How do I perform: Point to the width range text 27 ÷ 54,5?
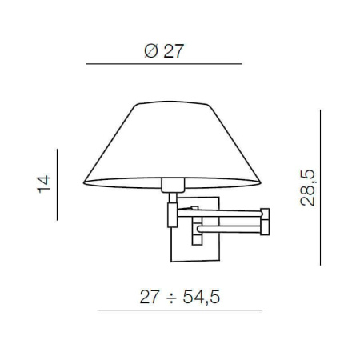click(178, 297)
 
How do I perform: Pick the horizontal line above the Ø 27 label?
click(164, 63)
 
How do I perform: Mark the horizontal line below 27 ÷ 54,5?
click(178, 310)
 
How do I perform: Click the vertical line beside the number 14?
click(58, 184)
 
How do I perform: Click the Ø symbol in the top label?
click(150, 51)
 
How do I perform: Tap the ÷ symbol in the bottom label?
click(170, 297)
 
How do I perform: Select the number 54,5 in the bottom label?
click(199, 297)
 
